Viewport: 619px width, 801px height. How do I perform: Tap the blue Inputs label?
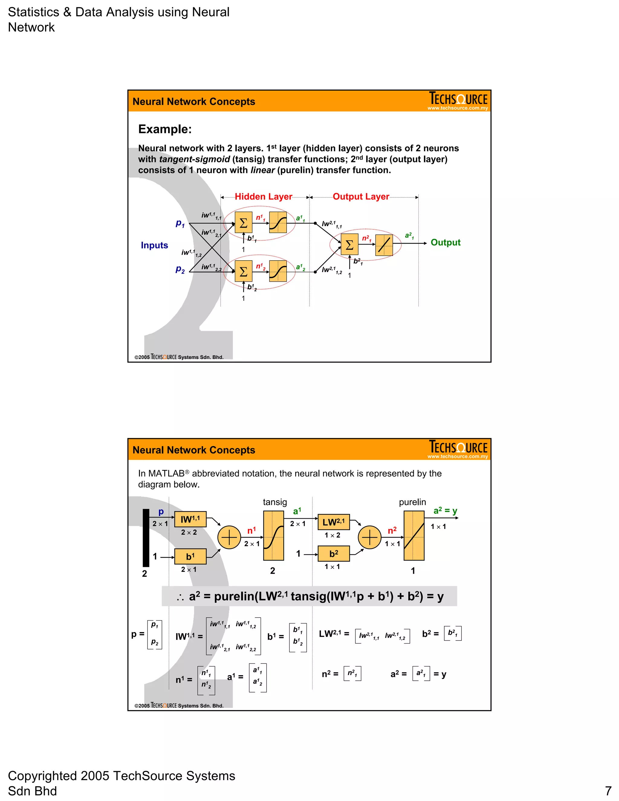[154, 245]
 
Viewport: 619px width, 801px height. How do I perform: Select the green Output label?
[445, 242]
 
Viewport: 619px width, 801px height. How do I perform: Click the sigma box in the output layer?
[349, 245]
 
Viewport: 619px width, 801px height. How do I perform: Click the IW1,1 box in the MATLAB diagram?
[190, 519]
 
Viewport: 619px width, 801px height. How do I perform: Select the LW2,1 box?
[333, 522]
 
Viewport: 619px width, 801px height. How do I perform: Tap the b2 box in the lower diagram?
[333, 554]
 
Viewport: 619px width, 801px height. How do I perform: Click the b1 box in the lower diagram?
[190, 556]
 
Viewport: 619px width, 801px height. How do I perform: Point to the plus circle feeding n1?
[229, 537]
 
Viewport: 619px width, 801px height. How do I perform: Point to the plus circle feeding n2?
[370, 537]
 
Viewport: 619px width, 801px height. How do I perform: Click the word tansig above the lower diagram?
[275, 502]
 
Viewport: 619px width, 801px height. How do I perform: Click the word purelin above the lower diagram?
[412, 502]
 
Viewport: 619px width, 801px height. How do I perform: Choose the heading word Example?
[165, 129]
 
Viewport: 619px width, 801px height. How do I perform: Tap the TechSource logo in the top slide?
[458, 100]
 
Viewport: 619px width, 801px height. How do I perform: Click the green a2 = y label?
[445, 511]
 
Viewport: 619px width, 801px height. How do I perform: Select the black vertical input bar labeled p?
[146, 538]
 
